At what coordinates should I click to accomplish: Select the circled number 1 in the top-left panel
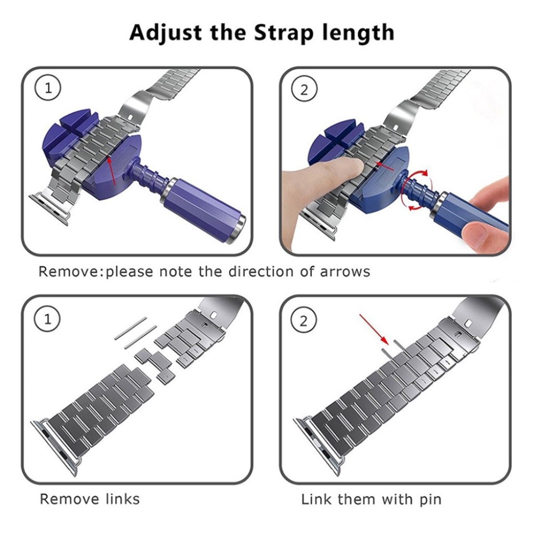pos(48,88)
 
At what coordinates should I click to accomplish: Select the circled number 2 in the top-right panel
pos(304,89)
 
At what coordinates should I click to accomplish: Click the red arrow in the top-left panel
pos(112,170)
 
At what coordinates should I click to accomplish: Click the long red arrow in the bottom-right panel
pos(374,329)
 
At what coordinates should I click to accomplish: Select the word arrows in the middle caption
pos(345,272)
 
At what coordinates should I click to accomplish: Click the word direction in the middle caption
pos(261,271)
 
